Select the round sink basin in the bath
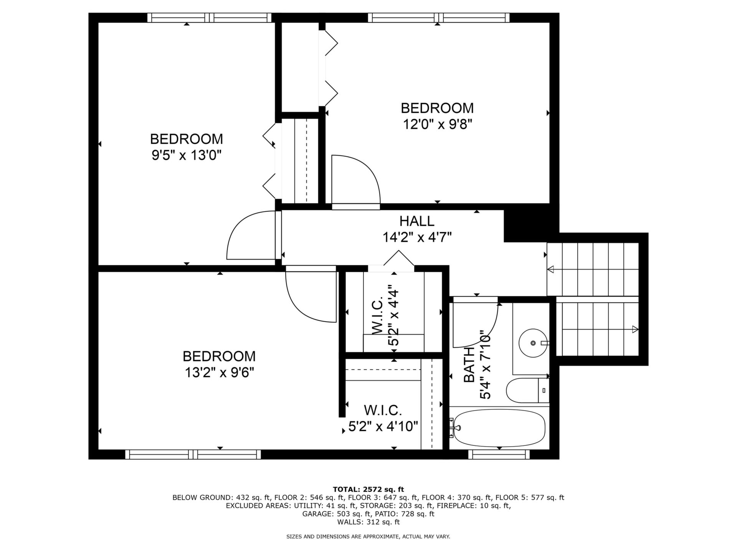(x=533, y=342)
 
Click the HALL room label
(x=417, y=221)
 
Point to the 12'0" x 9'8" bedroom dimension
(x=437, y=124)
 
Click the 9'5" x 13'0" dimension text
(x=187, y=155)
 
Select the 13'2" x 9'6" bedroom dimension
(x=220, y=372)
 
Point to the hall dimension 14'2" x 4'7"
(x=417, y=237)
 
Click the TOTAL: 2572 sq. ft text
(x=368, y=489)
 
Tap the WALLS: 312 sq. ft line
(x=368, y=522)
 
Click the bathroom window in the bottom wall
(x=499, y=454)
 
